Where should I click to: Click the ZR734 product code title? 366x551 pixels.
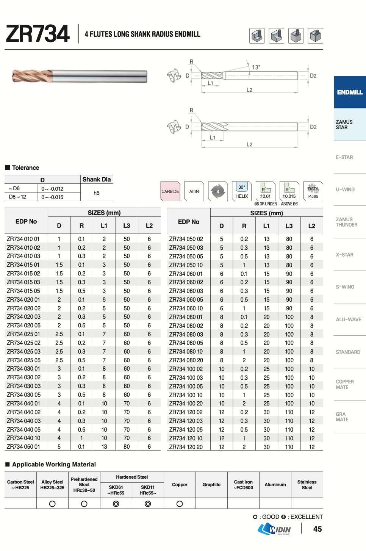[x=38, y=34]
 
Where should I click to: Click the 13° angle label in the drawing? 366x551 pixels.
[x=256, y=67]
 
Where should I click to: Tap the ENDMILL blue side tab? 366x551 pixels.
[x=350, y=92]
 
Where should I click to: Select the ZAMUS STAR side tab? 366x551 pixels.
[x=344, y=125]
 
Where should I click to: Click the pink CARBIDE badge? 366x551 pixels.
[x=170, y=191]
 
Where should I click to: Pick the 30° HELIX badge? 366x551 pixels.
[x=242, y=191]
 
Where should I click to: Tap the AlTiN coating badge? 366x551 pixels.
[x=194, y=191]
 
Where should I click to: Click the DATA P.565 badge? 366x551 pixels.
[x=313, y=191]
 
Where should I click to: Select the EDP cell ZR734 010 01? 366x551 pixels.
[x=23, y=239]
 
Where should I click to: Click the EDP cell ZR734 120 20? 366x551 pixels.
[x=186, y=447]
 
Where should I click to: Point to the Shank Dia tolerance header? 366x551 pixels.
[x=97, y=180]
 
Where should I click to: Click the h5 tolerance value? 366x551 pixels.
[x=97, y=193]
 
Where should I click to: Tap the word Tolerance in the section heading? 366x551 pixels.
[x=25, y=168]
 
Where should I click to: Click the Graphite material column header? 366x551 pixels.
[x=211, y=485]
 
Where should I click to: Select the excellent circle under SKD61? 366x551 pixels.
[x=116, y=504]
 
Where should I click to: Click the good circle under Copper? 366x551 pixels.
[x=180, y=504]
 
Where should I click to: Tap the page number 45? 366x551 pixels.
[x=318, y=529]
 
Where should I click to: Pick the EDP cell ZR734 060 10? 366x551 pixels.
[x=186, y=308]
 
